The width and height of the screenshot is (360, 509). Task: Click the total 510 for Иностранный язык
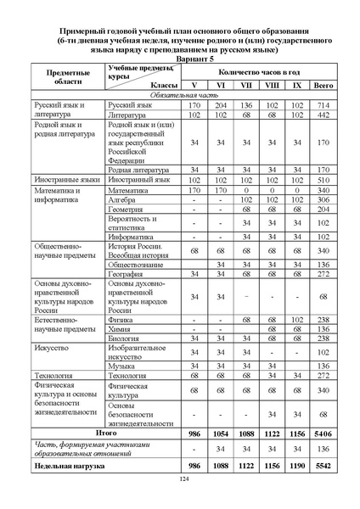[323, 181]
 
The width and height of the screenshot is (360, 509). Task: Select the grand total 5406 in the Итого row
[323, 432]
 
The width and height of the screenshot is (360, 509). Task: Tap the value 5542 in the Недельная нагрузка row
[323, 467]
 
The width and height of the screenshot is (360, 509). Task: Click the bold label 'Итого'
[106, 432]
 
